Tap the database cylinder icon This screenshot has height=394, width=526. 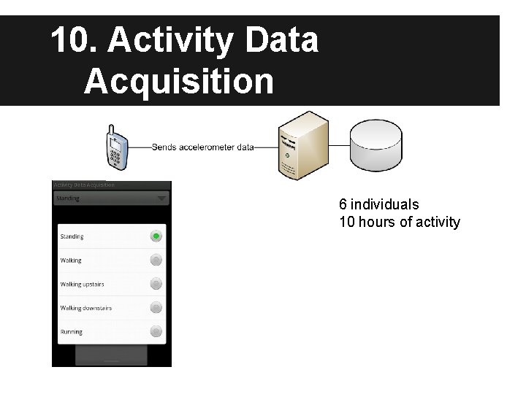[x=376, y=144]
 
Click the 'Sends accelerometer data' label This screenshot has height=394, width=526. [x=202, y=147]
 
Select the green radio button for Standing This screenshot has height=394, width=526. [x=156, y=236]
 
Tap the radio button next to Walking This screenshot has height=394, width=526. [x=156, y=260]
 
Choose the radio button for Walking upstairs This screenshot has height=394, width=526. [x=156, y=284]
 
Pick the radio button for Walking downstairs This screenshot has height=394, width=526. [x=156, y=308]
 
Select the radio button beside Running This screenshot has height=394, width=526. [x=156, y=331]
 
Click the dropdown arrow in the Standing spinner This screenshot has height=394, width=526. [x=161, y=198]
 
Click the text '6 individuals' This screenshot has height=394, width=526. [x=378, y=204]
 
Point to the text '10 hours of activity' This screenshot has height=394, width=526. [x=400, y=222]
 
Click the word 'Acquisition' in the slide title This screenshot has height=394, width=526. [x=179, y=81]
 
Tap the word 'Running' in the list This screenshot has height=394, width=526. [x=71, y=332]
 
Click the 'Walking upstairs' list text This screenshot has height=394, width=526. [x=82, y=285]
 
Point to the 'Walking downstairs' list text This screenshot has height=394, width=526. [x=85, y=308]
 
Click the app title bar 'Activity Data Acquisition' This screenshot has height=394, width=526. [x=84, y=185]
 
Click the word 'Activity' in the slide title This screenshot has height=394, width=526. [x=172, y=41]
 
